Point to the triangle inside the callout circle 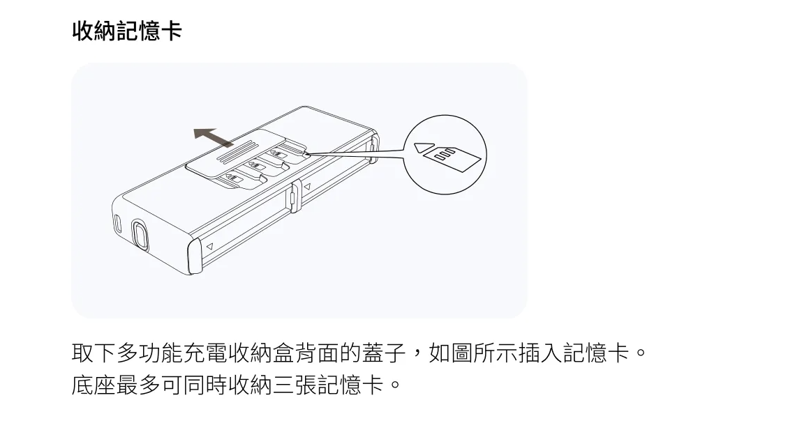[x=423, y=148]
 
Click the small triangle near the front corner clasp [x=209, y=246]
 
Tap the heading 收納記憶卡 [x=127, y=31]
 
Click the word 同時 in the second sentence [x=201, y=384]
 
